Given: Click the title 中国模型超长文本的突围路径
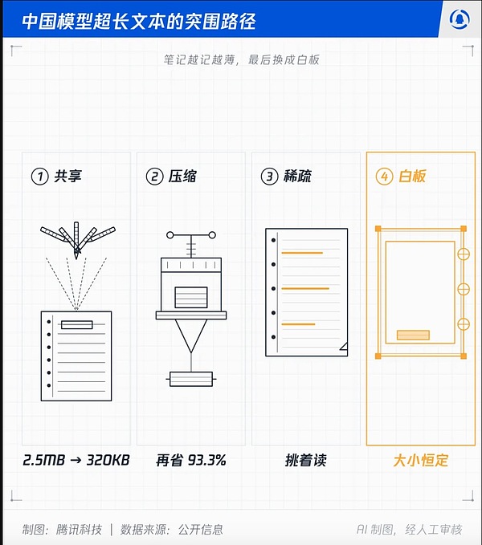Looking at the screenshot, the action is (139, 21).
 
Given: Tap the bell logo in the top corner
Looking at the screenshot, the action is (460, 19).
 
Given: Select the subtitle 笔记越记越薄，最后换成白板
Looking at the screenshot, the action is (241, 59).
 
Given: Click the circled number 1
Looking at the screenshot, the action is (40, 177).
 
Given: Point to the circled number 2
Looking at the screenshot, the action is (155, 177).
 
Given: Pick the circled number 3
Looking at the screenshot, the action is (269, 177).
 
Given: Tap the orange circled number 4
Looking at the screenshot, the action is (384, 177).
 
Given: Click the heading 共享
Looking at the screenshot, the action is (67, 177).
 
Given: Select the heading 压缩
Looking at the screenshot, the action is (182, 177).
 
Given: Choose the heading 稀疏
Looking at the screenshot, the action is (297, 177).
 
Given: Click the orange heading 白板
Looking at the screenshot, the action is (412, 177).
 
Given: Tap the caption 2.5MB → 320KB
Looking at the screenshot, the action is (76, 460).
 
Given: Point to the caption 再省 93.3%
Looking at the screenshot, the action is (191, 460).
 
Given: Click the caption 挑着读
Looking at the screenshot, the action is (306, 460).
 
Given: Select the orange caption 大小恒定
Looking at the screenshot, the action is (421, 460).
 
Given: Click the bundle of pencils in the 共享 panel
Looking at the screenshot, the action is (77, 239).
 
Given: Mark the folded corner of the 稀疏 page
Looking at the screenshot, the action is (344, 346).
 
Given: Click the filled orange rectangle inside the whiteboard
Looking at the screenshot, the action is (413, 335).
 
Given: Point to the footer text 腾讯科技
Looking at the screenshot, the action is (79, 530).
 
